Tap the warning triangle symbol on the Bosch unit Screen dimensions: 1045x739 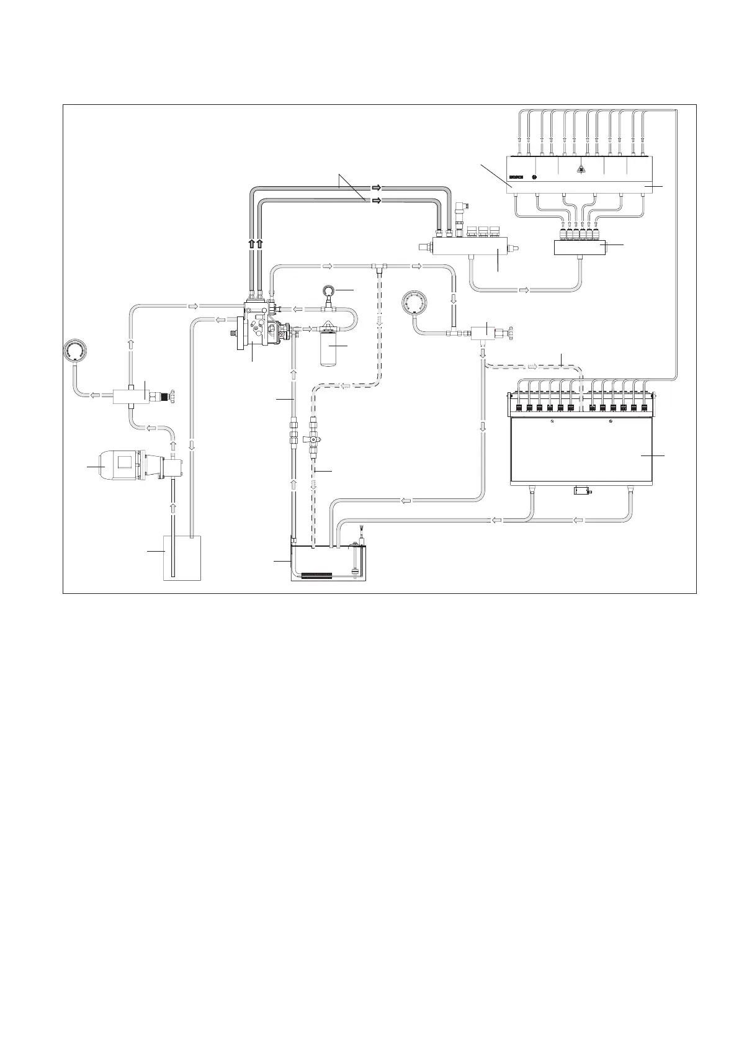tap(581, 169)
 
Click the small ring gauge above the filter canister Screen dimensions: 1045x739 tap(329, 290)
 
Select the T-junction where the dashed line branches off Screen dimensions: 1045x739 tap(380, 267)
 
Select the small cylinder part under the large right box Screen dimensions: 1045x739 tap(581, 491)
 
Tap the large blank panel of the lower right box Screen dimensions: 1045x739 tap(581, 450)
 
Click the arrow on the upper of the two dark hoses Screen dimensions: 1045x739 tap(377, 187)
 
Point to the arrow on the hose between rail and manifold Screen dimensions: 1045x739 tap(524, 290)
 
